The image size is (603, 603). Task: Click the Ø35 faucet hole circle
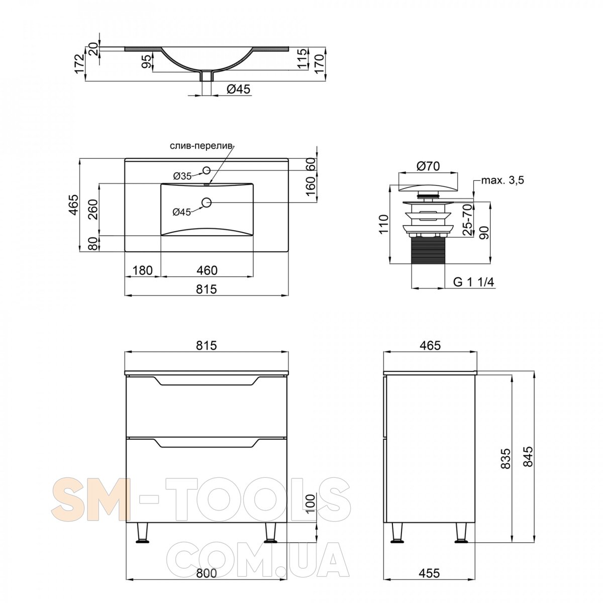click(206, 170)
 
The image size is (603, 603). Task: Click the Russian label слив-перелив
click(202, 146)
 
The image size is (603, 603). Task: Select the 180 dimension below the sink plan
click(142, 270)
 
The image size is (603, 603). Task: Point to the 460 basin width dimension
click(207, 270)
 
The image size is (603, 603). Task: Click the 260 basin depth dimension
click(93, 210)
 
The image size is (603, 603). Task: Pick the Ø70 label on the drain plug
click(428, 166)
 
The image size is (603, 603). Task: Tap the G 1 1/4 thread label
click(473, 282)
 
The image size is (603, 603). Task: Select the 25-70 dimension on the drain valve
click(467, 220)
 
